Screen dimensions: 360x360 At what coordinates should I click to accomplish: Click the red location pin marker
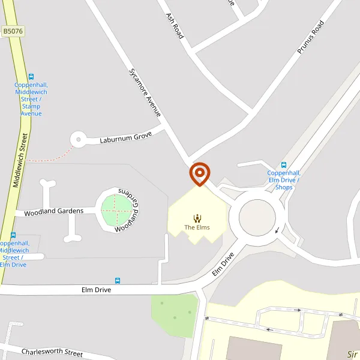[199, 173]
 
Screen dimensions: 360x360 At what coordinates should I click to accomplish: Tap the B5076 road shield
[12, 30]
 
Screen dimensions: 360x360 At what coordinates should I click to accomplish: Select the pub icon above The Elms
[197, 218]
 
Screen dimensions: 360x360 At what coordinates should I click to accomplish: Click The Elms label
[197, 227]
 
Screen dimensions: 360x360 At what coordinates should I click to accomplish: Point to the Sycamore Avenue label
[145, 91]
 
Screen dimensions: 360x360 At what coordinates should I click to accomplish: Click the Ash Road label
[175, 26]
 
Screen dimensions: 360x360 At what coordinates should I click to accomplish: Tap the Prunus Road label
[310, 37]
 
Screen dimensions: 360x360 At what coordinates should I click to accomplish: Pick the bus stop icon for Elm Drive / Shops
[284, 165]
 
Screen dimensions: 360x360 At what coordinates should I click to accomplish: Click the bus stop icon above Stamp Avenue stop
[31, 77]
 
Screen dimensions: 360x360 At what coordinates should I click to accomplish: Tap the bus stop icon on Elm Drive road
[118, 280]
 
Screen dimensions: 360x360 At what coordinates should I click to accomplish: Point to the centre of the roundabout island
[257, 217]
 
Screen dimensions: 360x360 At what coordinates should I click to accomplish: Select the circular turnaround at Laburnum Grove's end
[78, 140]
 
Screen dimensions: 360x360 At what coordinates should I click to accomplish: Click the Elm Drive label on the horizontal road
[97, 290]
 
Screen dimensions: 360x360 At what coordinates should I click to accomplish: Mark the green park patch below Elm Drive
[175, 315]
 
